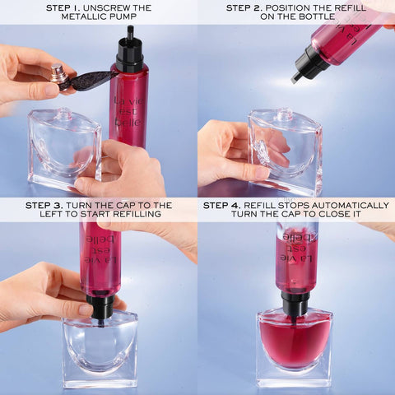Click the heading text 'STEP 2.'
coord(249,8)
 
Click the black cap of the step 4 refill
coord(295,303)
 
